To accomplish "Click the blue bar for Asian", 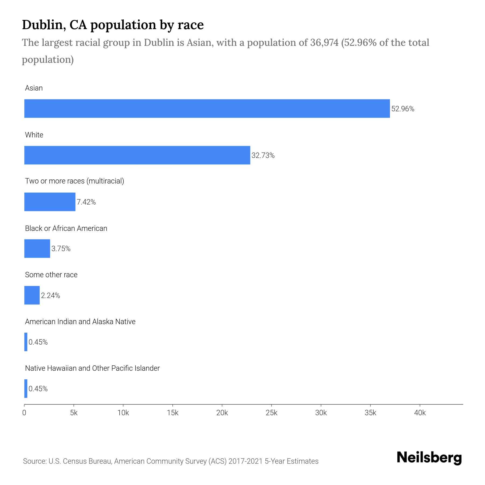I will point(207,108).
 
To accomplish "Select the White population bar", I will point(137,155).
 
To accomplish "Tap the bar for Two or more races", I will point(50,202).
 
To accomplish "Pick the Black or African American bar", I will point(37,248).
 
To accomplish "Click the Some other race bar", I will point(32,295).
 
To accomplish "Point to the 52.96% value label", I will point(403,109).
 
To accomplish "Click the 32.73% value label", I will point(263,155).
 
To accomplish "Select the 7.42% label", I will point(86,202).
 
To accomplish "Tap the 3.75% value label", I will point(61,249).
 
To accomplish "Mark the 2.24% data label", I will point(50,296).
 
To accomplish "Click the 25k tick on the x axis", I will point(271,413).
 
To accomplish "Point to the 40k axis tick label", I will point(420,413).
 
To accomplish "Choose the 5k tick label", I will point(74,413).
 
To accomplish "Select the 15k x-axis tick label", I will point(172,413).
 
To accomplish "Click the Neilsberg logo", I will point(429,458).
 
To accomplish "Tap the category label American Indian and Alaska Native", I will point(80,322).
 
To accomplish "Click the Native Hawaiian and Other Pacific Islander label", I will point(92,368).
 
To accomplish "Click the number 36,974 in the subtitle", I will point(324,43).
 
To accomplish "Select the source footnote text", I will point(171,461).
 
